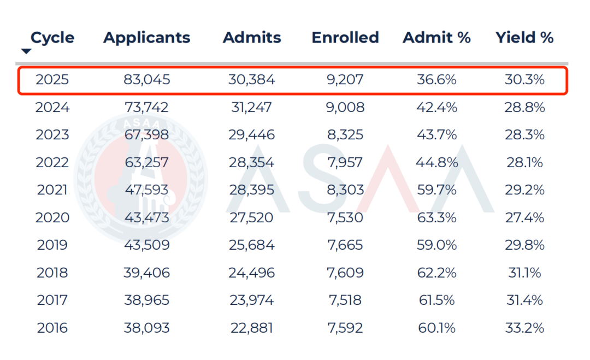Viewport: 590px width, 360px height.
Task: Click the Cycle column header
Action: (52, 38)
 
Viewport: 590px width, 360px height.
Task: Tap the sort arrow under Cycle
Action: (26, 52)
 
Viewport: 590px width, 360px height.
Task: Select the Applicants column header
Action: (146, 38)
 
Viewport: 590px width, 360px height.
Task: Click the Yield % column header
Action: (524, 38)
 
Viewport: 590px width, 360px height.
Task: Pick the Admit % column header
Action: (436, 38)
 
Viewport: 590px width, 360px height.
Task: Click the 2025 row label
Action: (52, 80)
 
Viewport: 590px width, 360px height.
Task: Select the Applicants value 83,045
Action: (146, 80)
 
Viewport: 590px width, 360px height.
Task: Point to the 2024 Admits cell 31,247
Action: (252, 108)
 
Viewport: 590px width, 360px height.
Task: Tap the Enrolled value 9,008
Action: (345, 108)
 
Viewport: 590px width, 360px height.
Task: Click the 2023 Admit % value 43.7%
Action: (436, 135)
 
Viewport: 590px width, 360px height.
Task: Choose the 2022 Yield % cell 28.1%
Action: (524, 163)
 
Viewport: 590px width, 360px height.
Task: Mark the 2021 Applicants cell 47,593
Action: (146, 190)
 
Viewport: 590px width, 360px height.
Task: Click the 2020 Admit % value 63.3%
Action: (436, 217)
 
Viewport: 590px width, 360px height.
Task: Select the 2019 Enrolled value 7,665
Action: (345, 245)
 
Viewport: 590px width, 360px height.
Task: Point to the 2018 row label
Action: (52, 273)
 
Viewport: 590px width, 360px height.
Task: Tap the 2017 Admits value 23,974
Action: (252, 300)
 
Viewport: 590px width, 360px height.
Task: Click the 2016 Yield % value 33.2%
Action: (524, 328)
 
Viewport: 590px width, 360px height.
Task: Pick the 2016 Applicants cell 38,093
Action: (146, 328)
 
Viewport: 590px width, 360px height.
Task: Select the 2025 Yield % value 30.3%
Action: (524, 80)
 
